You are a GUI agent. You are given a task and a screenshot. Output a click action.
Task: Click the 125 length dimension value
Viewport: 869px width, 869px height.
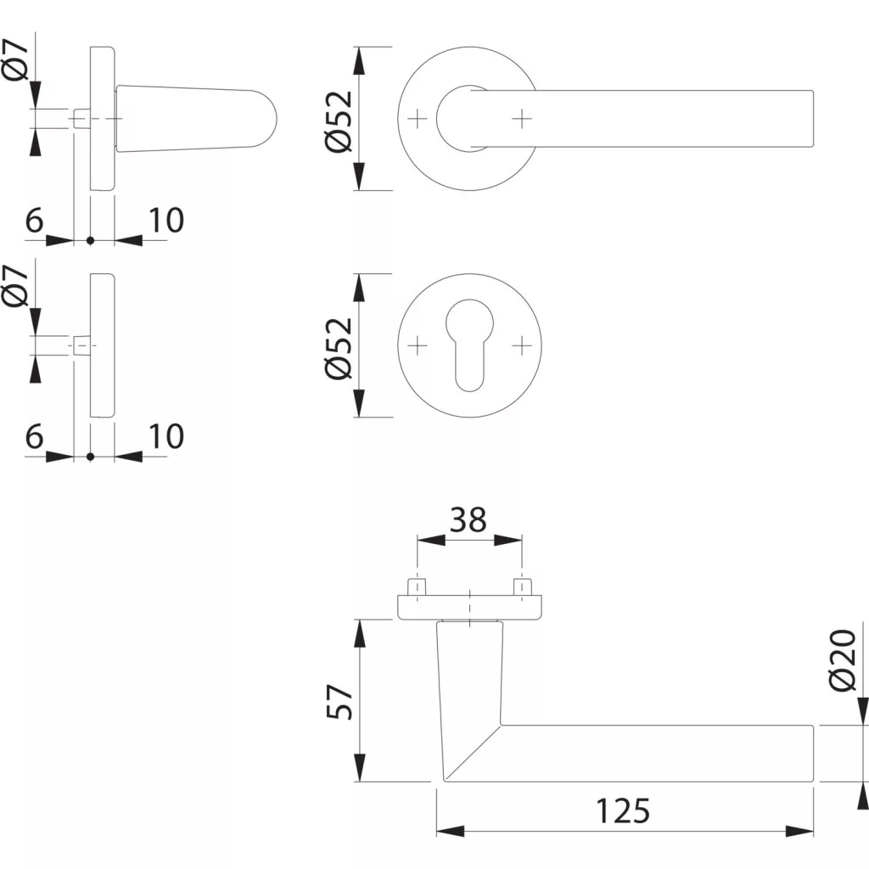[622, 811]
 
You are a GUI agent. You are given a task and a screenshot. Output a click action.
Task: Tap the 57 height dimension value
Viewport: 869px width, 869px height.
[339, 702]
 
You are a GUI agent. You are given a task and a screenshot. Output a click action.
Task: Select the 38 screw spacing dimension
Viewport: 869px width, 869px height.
[468, 520]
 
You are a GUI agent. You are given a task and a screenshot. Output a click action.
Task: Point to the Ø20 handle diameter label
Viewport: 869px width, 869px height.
[843, 660]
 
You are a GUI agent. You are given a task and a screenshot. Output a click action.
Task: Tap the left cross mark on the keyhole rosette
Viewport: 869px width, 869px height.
[418, 346]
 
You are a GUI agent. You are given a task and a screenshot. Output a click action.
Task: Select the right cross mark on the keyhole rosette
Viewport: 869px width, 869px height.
[522, 346]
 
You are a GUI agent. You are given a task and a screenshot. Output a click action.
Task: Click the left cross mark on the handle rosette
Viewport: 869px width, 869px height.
[418, 119]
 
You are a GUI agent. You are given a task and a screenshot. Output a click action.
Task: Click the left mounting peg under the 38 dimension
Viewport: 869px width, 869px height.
[417, 587]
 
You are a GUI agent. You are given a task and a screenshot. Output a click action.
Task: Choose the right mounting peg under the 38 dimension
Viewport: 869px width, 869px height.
[522, 587]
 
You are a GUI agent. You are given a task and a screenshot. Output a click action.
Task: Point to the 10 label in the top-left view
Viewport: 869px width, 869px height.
[166, 221]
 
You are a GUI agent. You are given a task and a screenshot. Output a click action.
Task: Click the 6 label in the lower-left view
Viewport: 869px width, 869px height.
[34, 436]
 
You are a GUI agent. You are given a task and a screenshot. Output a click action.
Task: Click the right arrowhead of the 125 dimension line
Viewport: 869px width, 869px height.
[799, 832]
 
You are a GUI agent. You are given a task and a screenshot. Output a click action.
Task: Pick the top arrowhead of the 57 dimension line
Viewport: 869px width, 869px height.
[360, 633]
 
